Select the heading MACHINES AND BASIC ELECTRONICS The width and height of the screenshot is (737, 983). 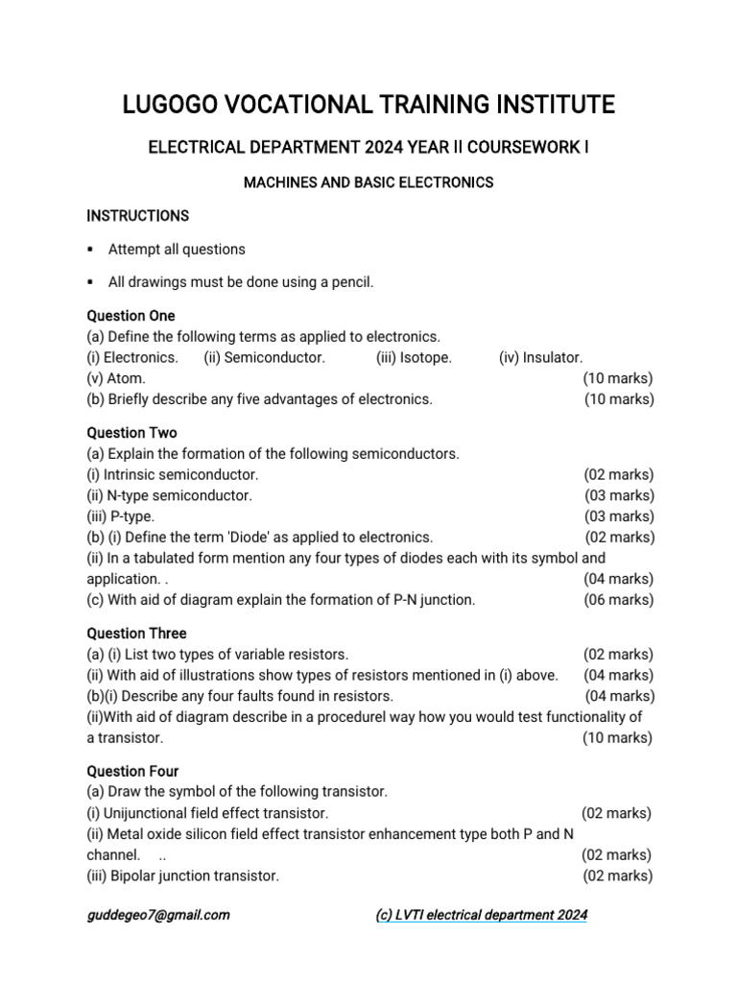pos(368,182)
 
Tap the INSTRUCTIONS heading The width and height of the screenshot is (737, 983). pos(137,215)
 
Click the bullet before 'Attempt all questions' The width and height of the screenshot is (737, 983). pos(90,250)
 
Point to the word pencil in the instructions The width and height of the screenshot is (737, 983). pos(349,282)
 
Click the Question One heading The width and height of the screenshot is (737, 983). pos(131,316)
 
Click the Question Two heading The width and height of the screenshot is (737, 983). pos(131,433)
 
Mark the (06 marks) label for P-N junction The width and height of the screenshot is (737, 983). pos(619,600)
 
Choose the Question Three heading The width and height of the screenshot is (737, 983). pos(136,634)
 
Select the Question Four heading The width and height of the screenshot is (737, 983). pos(132,772)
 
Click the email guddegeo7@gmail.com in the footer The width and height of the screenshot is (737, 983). pos(158,915)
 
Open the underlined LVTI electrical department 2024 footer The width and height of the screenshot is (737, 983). pos(481,915)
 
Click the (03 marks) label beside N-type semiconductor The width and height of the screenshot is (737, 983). pos(619,495)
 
